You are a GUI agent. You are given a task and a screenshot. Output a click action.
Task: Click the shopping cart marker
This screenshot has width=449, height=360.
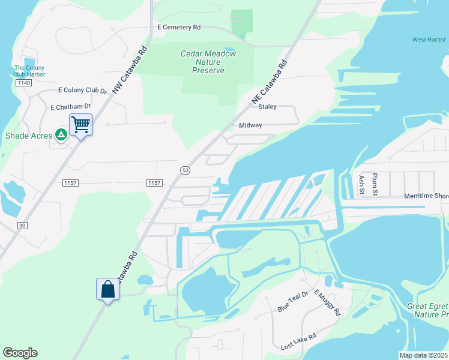pyautogui.click(x=81, y=125)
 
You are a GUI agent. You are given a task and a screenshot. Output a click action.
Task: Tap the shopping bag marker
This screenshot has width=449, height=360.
pyautogui.click(x=107, y=289)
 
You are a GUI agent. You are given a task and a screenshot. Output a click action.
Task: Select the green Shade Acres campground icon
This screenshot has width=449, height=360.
pyautogui.click(x=61, y=135)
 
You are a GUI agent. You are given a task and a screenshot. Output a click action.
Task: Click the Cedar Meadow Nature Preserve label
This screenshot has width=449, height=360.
pyautogui.click(x=208, y=62)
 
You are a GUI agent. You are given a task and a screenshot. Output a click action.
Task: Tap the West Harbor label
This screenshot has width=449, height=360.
pyautogui.click(x=429, y=40)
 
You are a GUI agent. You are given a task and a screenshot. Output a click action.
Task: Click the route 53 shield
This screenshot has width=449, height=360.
pyautogui.click(x=185, y=170)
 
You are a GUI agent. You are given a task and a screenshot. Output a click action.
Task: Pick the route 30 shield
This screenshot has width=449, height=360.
pyautogui.click(x=23, y=225)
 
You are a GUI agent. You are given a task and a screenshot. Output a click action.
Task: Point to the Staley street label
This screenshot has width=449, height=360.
pyautogui.click(x=267, y=107)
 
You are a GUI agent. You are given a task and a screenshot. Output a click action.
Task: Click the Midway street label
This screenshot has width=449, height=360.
pyautogui.click(x=250, y=125)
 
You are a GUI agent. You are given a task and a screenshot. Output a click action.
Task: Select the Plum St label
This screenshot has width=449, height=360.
pyautogui.click(x=375, y=184)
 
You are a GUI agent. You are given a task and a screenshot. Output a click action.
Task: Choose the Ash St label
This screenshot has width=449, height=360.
pyautogui.click(x=361, y=185)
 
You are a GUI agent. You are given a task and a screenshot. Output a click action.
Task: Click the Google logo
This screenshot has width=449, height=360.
pyautogui.click(x=20, y=352)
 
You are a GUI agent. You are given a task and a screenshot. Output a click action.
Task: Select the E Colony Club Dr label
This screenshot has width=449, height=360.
pyautogui.click(x=82, y=91)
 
